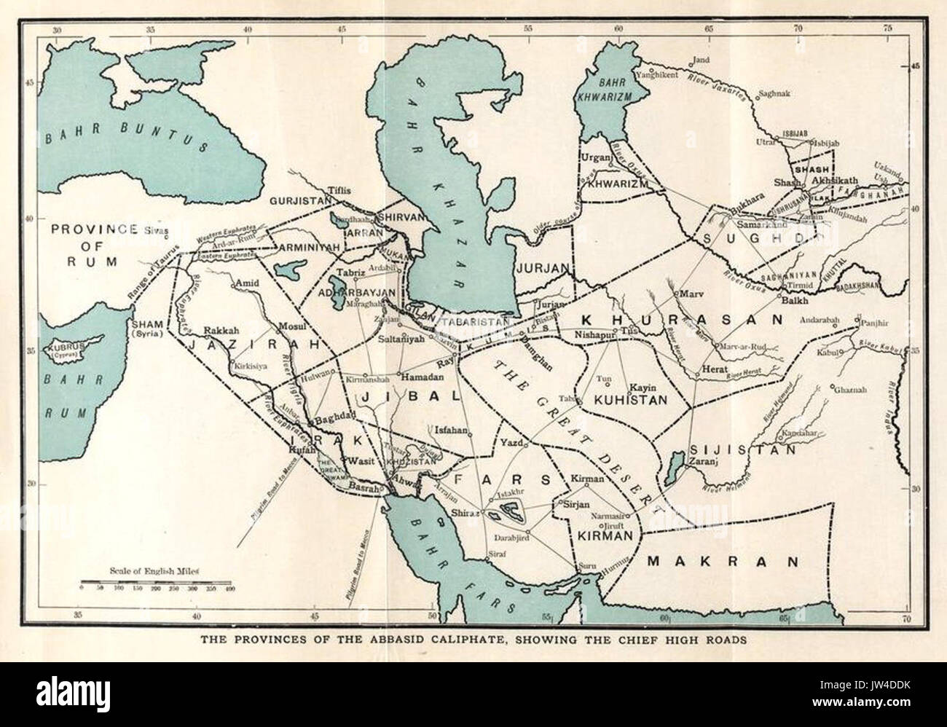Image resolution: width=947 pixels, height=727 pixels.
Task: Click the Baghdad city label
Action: point(333,422)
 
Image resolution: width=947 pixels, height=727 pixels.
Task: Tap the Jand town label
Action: point(701,61)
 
